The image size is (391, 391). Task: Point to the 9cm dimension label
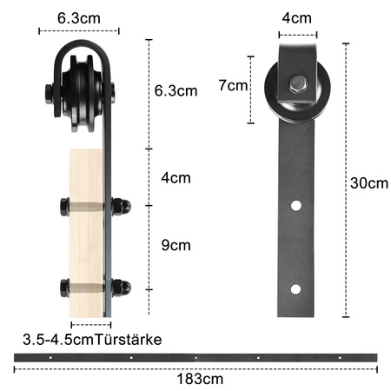[x=176, y=246]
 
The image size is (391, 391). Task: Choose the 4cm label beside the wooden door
[x=176, y=177]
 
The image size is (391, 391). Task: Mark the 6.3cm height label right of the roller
[x=176, y=90]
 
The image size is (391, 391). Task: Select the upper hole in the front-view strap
[x=297, y=207]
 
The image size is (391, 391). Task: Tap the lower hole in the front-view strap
[x=297, y=288]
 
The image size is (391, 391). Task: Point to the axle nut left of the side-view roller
[x=47, y=90]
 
